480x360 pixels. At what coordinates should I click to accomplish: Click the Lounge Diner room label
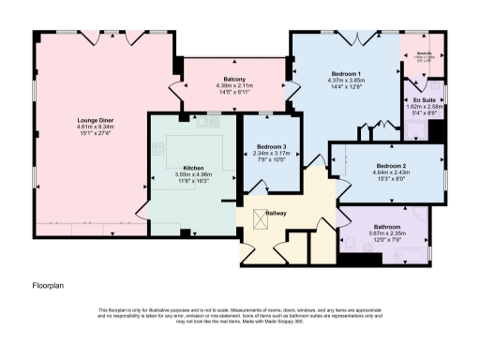click(89, 120)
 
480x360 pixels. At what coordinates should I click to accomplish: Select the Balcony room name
click(234, 79)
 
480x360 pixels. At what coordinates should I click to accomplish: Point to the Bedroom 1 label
click(347, 73)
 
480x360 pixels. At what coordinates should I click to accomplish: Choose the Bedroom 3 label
click(271, 147)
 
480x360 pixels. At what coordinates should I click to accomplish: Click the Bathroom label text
click(385, 228)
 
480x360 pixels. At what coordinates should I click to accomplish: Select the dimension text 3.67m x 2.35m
click(385, 235)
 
